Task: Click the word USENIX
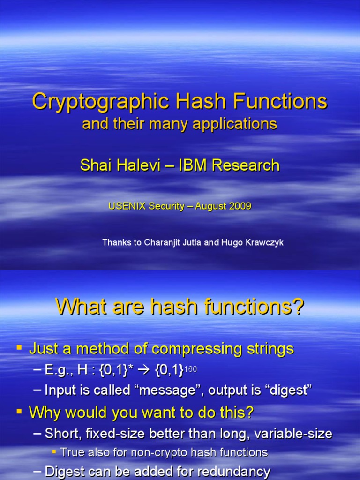point(127,206)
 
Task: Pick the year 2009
point(240,206)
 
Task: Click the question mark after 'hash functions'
point(297,306)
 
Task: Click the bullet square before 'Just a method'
point(19,347)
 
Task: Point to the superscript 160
point(190,369)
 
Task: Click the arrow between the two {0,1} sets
point(143,370)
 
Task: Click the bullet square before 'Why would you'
point(19,411)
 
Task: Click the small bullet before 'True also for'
point(54,451)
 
